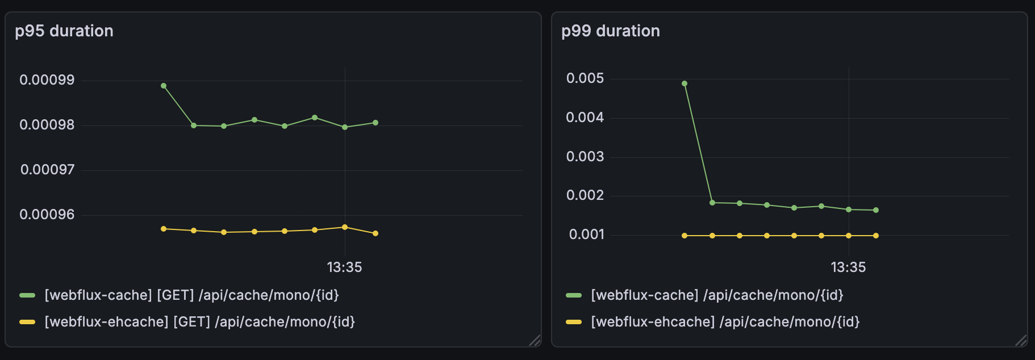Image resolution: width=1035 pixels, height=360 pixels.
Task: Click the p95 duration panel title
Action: tap(64, 31)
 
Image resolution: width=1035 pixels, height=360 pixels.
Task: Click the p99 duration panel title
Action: tap(611, 31)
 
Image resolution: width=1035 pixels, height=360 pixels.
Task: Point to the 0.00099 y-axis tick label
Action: tap(47, 79)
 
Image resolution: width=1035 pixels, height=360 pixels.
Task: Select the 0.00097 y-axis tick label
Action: tap(47, 169)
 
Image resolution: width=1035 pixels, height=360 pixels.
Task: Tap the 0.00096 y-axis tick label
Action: tap(47, 214)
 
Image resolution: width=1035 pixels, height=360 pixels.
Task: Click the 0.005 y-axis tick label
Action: tap(585, 78)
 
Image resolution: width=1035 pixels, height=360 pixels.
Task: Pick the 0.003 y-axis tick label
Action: tap(585, 156)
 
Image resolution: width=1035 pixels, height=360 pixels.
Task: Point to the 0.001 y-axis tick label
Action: tap(586, 234)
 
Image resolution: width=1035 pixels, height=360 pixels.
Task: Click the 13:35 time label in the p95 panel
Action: tap(344, 267)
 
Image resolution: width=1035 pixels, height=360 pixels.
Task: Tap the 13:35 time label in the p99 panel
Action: tap(848, 267)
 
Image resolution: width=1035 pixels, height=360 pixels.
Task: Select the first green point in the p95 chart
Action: tap(164, 86)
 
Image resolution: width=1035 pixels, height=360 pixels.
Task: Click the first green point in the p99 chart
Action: tap(685, 83)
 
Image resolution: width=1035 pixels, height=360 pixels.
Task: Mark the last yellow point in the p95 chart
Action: tap(375, 233)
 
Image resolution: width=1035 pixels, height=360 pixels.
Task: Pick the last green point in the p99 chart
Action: tap(876, 210)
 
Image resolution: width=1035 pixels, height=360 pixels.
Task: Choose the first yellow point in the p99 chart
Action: tap(685, 236)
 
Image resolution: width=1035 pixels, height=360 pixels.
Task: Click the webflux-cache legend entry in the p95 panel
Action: tap(191, 295)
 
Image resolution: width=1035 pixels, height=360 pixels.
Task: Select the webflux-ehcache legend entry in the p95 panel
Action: tap(199, 321)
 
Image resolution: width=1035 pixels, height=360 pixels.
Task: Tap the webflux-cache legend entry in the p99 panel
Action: tap(717, 295)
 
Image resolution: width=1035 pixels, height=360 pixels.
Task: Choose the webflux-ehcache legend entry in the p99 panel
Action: tap(725, 321)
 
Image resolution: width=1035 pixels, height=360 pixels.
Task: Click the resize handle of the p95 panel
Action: tap(535, 340)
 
